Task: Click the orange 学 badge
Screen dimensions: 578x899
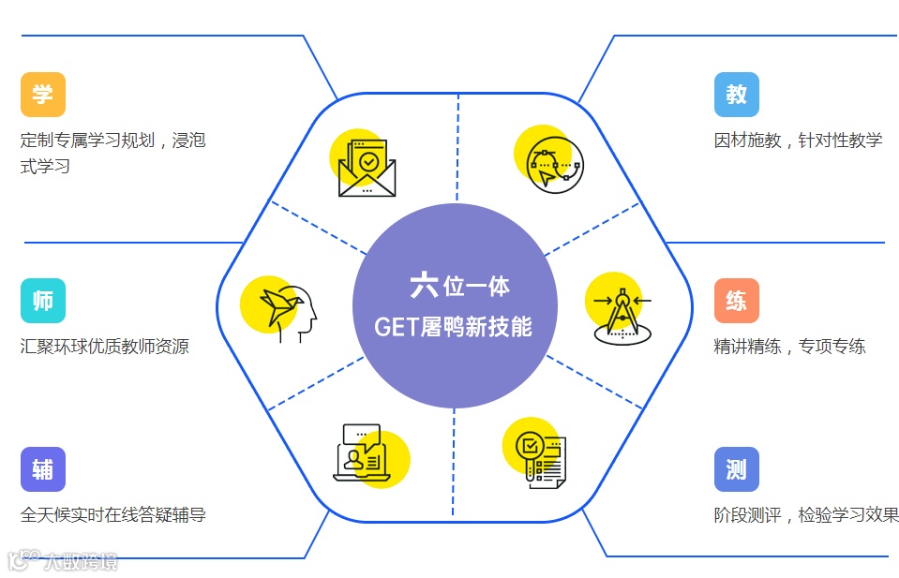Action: [x=43, y=95]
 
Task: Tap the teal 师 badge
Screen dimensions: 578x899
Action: [x=43, y=301]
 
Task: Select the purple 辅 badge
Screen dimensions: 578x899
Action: [x=43, y=469]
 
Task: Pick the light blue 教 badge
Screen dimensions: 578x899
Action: [x=736, y=95]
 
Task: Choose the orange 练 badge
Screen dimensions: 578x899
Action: [x=736, y=301]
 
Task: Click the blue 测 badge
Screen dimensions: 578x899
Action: [x=736, y=469]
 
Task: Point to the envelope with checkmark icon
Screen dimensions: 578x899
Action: [x=366, y=166]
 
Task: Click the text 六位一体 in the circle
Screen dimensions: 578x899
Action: [x=459, y=285]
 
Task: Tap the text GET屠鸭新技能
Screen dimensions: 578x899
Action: [x=453, y=326]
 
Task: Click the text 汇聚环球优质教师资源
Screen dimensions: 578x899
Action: [x=105, y=347]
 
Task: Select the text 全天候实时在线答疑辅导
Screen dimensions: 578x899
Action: [x=113, y=515]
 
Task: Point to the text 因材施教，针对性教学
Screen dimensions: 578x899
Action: [x=798, y=141]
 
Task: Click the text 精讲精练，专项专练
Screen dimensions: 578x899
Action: [x=789, y=347]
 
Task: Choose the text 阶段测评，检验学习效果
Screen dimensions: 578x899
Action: [x=805, y=515]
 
